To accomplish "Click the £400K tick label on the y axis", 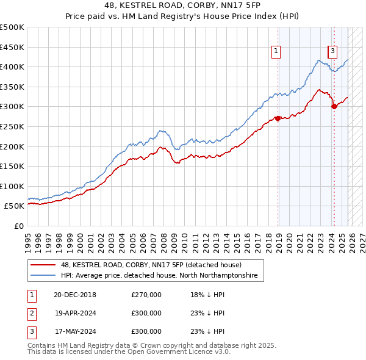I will [x=12, y=67].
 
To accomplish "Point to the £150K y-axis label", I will [x=12, y=166].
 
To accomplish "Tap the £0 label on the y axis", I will [x=18, y=226].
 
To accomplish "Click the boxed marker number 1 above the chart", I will [x=277, y=51].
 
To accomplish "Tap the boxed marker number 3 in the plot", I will [x=333, y=51].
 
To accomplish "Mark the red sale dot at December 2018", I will [x=278, y=118].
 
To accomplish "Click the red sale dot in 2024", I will [x=334, y=106].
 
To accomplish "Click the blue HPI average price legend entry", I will [x=159, y=276].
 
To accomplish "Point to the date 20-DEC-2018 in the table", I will [x=74, y=295].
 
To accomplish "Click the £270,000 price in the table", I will [x=146, y=295].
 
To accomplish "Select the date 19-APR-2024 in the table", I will [x=74, y=313].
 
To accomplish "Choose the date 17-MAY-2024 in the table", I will [x=74, y=331].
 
